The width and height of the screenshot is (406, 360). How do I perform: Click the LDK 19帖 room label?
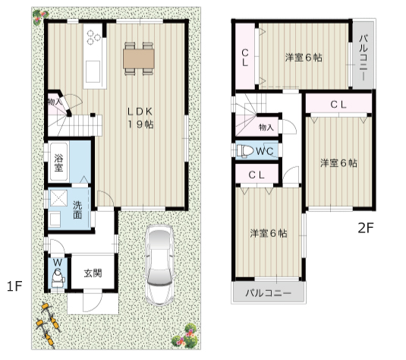(140, 118)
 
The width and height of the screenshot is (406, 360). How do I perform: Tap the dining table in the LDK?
(139, 58)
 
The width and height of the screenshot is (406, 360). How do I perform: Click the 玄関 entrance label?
(93, 273)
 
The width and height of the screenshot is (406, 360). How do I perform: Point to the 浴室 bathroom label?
(58, 163)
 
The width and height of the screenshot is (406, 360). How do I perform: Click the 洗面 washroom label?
(77, 210)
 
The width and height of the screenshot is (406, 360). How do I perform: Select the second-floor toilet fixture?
(245, 151)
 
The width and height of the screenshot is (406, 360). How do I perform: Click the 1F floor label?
(14, 286)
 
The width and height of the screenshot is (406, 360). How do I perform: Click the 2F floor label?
(366, 228)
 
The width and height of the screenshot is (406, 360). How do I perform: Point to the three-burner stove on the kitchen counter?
(93, 37)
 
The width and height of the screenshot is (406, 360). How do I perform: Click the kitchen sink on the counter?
(93, 71)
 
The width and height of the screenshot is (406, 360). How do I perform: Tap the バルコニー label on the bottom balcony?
(268, 293)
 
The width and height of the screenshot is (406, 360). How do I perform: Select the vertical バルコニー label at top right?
(364, 57)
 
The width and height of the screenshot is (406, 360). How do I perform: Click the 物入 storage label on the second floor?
(266, 128)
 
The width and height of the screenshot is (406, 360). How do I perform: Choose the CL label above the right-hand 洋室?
(338, 105)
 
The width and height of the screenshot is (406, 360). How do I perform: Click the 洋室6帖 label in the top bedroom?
(304, 57)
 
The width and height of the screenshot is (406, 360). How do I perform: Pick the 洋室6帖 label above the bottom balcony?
(269, 233)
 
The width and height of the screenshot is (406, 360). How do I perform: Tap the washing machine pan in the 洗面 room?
(58, 198)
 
